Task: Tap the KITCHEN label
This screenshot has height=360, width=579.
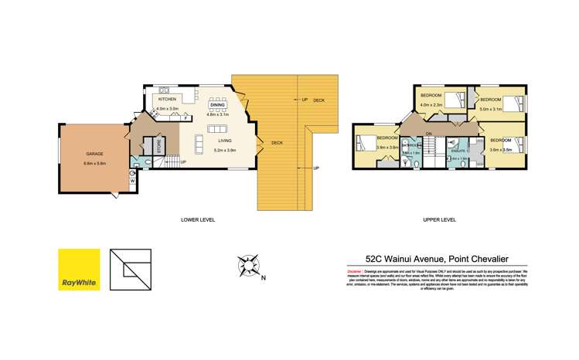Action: (167, 100)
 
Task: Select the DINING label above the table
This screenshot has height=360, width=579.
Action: (217, 105)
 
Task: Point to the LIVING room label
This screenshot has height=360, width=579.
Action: (224, 141)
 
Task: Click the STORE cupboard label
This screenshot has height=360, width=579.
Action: (158, 147)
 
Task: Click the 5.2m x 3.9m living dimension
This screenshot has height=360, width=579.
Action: (224, 150)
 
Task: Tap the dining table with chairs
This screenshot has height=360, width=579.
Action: (217, 99)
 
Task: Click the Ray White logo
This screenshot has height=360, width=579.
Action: (79, 269)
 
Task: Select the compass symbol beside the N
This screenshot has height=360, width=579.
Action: (248, 267)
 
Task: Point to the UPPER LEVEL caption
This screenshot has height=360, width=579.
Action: (439, 220)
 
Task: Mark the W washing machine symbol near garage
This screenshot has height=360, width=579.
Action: (132, 182)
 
